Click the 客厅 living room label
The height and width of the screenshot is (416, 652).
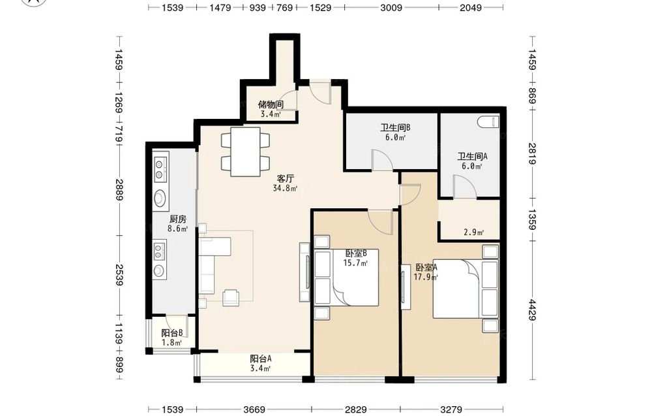[286, 179]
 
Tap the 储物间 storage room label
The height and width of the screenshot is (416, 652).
[271, 104]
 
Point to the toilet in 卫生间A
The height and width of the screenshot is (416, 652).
[488, 122]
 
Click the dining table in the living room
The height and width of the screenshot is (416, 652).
[245, 152]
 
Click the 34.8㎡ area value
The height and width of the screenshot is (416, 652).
[286, 188]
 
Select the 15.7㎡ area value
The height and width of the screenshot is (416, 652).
[355, 263]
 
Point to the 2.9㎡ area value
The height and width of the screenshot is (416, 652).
[473, 232]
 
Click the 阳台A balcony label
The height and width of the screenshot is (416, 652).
[261, 359]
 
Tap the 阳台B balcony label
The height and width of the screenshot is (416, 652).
[172, 333]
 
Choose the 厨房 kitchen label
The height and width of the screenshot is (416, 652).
[177, 219]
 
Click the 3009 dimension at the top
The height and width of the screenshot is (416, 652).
[391, 7]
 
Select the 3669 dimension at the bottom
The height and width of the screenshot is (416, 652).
[254, 409]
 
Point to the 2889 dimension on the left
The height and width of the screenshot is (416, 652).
[119, 189]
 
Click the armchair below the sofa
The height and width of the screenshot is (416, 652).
[231, 298]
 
